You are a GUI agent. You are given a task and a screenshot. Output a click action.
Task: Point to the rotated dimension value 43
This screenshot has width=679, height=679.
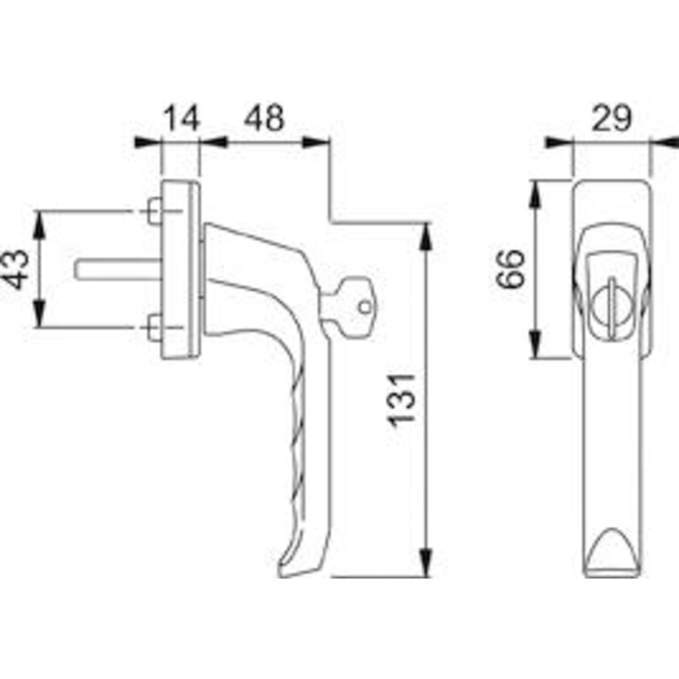point(16,269)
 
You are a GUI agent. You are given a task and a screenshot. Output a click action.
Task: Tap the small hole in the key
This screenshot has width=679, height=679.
point(364,307)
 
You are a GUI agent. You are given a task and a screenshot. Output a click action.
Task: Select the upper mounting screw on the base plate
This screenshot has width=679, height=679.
point(155,211)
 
